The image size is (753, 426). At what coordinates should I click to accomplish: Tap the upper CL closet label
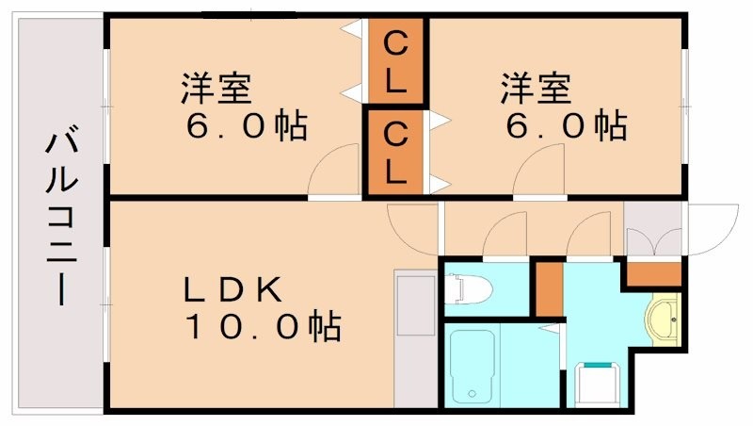(396, 60)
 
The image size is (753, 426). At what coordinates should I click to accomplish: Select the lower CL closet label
(396, 154)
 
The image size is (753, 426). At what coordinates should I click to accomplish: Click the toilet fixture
(463, 289)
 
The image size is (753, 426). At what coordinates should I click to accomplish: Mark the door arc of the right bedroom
(539, 173)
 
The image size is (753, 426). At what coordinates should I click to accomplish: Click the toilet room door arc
(505, 235)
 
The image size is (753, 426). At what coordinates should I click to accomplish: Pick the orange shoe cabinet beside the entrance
(652, 274)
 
